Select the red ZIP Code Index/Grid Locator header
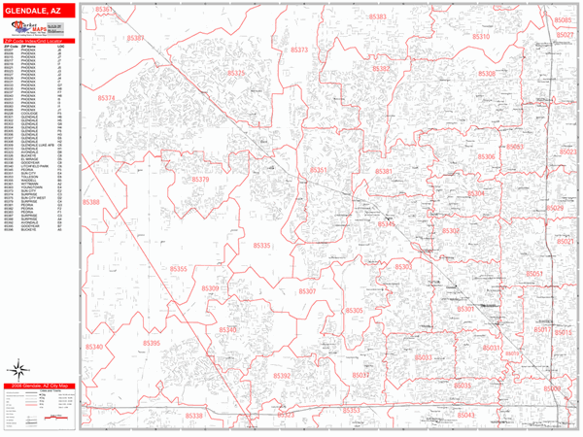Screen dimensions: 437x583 point(39,41)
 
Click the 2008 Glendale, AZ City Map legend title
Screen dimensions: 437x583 point(39,387)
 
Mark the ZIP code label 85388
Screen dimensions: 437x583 point(90,202)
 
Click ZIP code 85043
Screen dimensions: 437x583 point(466,415)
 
